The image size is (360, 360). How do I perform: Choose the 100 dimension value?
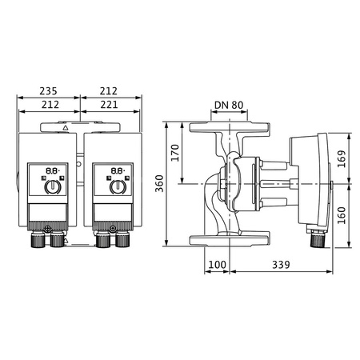click(x=216, y=265)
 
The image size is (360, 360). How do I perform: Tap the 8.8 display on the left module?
click(x=50, y=171)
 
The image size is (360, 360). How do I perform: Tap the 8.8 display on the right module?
click(x=117, y=171)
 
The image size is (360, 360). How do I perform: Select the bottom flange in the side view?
click(x=230, y=239)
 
